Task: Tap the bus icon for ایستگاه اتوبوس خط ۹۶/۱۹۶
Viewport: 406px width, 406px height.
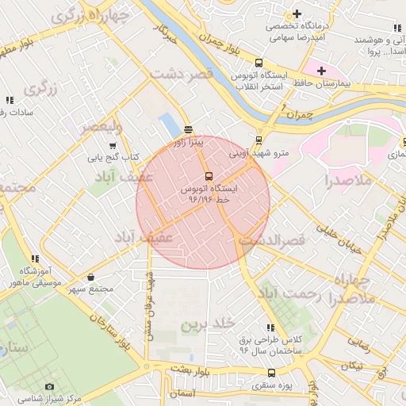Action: pyautogui.click(x=209, y=176)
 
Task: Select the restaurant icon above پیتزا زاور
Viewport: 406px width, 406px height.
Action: pyautogui.click(x=189, y=129)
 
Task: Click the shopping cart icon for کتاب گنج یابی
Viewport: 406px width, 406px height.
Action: pyautogui.click(x=113, y=145)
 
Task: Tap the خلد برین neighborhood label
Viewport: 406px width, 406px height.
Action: pyautogui.click(x=209, y=324)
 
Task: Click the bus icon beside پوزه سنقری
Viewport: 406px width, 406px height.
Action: pyautogui.click(x=272, y=373)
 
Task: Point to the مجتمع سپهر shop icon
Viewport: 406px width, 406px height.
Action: pyautogui.click(x=92, y=278)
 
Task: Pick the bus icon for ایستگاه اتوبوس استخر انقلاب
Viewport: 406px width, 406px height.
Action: pyautogui.click(x=259, y=63)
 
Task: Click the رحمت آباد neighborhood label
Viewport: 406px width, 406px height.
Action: pyautogui.click(x=289, y=296)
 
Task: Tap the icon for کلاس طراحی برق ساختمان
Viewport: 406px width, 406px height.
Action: pyautogui.click(x=272, y=327)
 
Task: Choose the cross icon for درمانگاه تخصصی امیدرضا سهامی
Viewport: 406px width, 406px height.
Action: pyautogui.click(x=297, y=14)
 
